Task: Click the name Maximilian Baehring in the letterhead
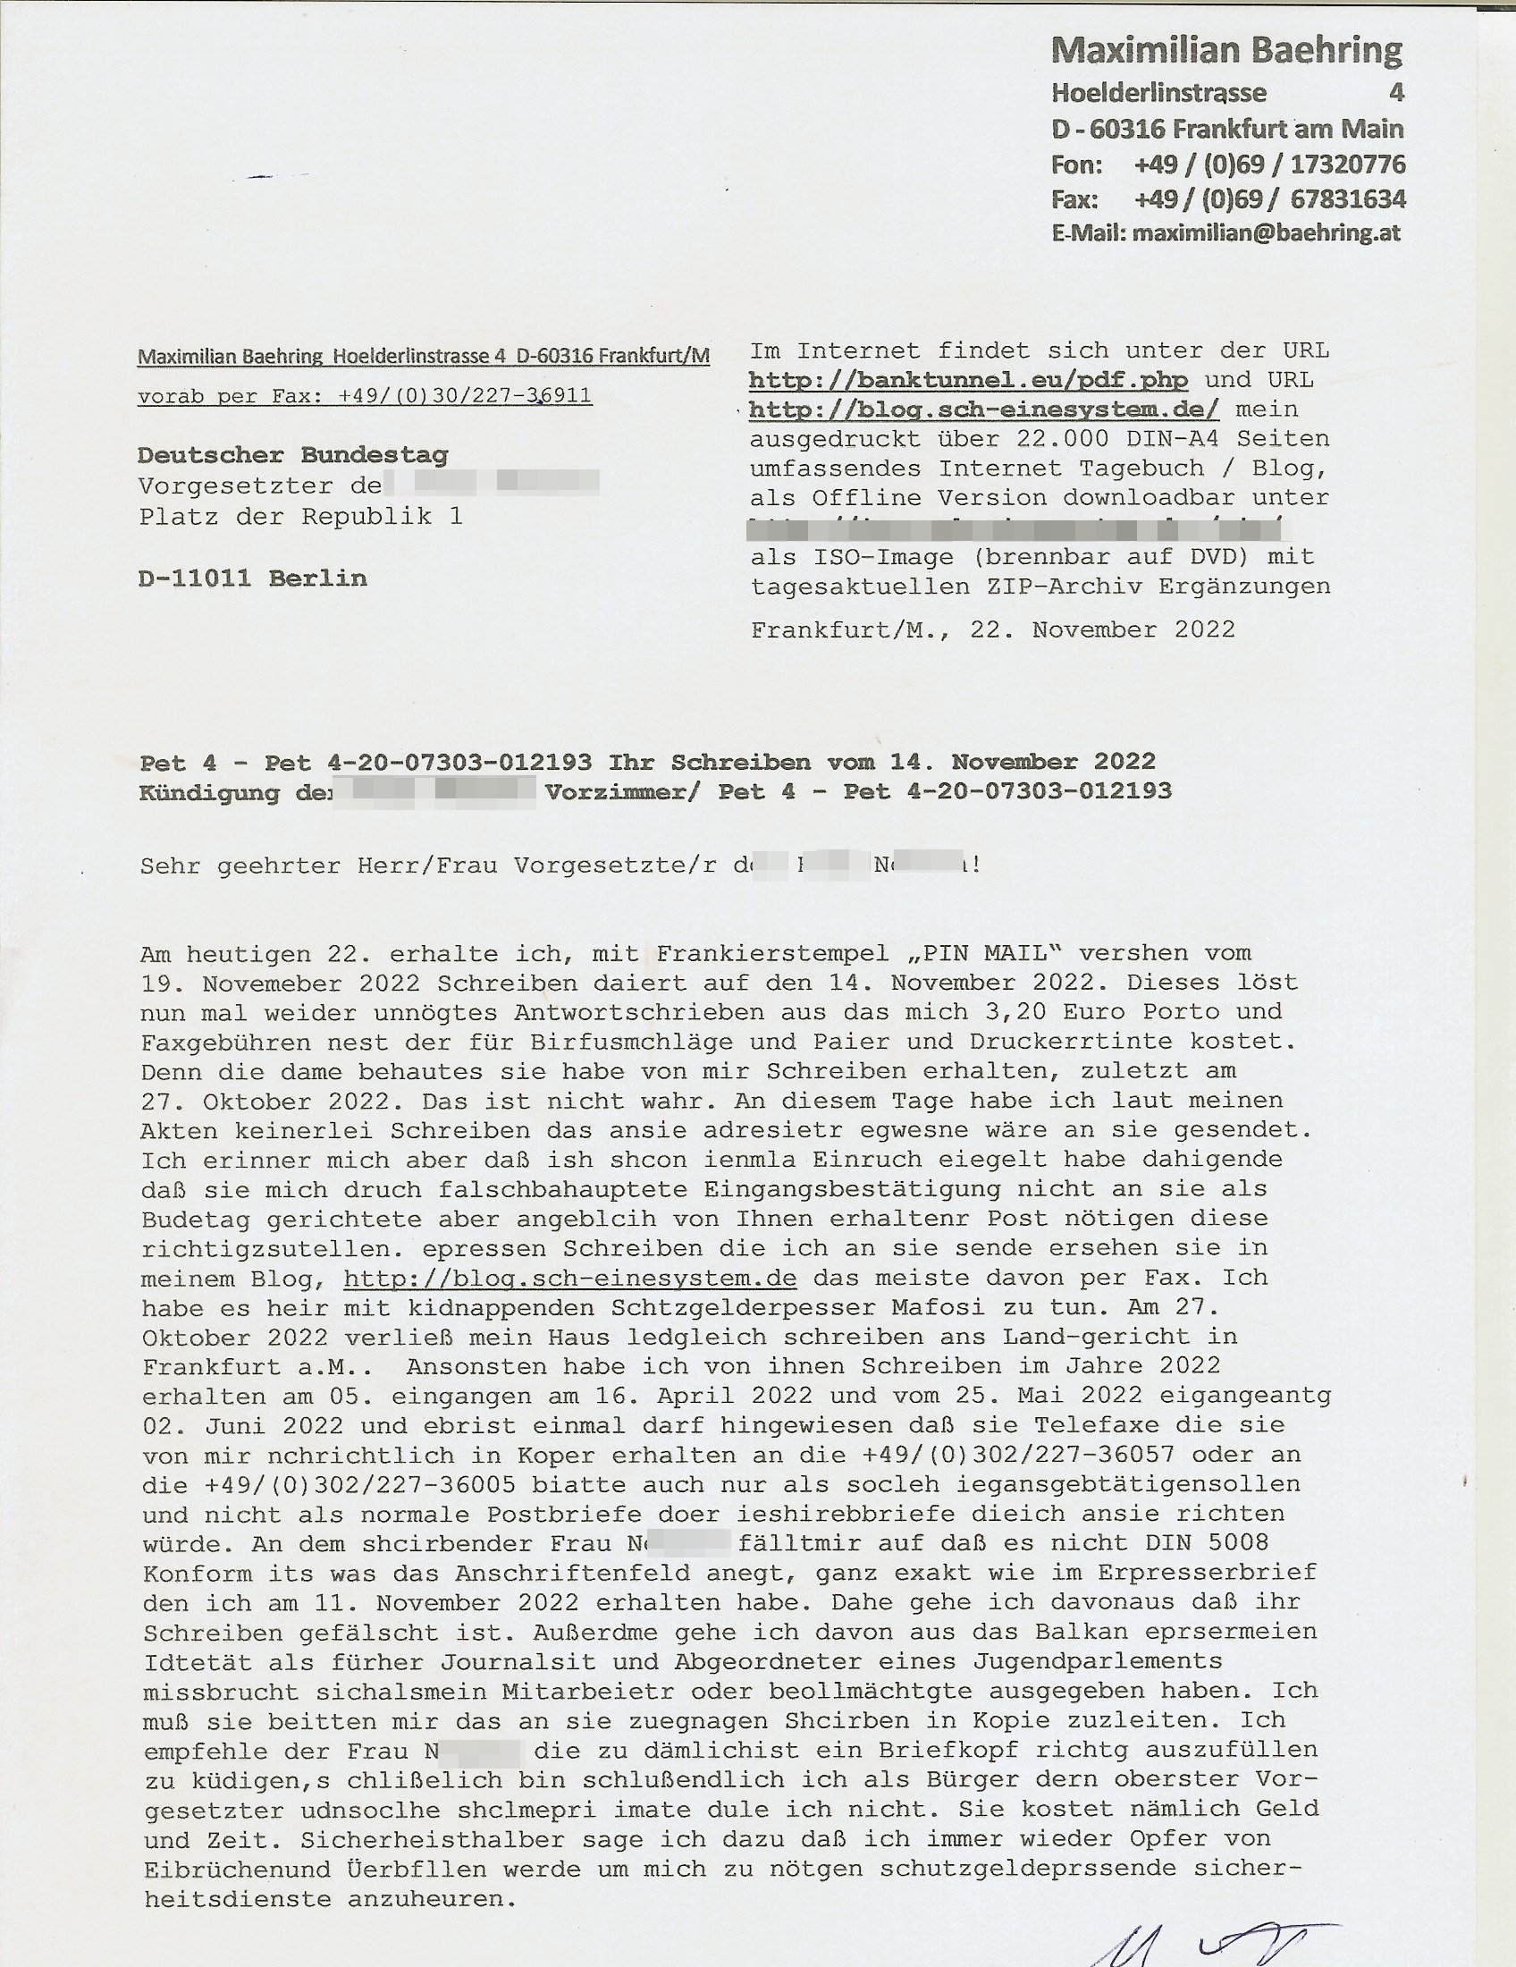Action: pyautogui.click(x=1226, y=51)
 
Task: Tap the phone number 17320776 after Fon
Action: pyautogui.click(x=1348, y=165)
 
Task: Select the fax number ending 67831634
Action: pyautogui.click(x=1348, y=199)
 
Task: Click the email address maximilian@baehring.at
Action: pyautogui.click(x=1267, y=233)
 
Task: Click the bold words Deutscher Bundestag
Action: pyautogui.click(x=292, y=456)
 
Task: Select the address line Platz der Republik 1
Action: pyautogui.click(x=300, y=517)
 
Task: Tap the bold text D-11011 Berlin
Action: pyautogui.click(x=253, y=578)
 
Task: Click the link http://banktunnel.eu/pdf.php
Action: pyautogui.click(x=968, y=380)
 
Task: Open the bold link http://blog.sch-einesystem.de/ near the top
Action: pyautogui.click(x=984, y=409)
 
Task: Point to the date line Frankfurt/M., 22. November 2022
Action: pyautogui.click(x=993, y=629)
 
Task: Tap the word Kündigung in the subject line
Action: pyautogui.click(x=210, y=792)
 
